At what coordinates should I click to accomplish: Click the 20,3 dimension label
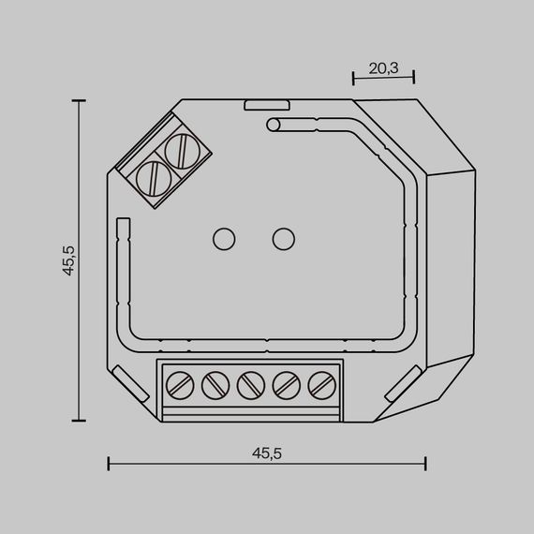tap(383, 67)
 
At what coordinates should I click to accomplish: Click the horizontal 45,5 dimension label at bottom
tap(267, 452)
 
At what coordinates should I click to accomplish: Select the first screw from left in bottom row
tap(179, 383)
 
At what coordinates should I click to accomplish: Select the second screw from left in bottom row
tap(215, 383)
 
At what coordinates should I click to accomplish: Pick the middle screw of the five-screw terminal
tap(250, 383)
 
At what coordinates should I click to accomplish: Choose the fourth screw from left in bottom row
tap(286, 383)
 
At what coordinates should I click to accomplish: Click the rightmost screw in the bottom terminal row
tap(321, 383)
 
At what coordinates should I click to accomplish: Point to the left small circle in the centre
tap(224, 239)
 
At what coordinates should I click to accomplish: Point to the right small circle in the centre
tap(282, 239)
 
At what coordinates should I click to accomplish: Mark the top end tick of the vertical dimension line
tap(79, 99)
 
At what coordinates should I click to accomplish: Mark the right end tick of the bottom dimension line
tap(426, 463)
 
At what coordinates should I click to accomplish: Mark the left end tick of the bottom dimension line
tap(109, 463)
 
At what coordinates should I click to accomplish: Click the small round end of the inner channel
tap(273, 125)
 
